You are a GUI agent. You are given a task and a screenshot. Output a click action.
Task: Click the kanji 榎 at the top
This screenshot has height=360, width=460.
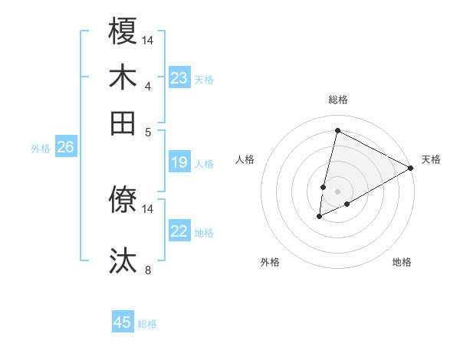(x=123, y=32)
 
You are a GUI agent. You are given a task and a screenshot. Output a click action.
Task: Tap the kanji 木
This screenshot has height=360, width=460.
(x=123, y=77)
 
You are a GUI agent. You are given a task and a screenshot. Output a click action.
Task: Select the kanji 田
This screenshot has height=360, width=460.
(x=123, y=123)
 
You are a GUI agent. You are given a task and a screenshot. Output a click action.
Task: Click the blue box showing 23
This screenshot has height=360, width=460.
(x=179, y=78)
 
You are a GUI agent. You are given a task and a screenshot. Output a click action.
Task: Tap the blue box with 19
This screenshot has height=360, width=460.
(x=179, y=162)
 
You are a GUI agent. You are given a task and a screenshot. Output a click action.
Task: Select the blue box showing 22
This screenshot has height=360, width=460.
(x=179, y=231)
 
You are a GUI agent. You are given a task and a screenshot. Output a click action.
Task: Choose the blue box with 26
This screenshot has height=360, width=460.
(x=65, y=148)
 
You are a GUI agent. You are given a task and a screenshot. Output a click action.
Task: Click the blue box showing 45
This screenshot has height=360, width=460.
(x=123, y=322)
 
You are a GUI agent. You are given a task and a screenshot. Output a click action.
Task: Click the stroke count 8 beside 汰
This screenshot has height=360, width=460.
(x=147, y=270)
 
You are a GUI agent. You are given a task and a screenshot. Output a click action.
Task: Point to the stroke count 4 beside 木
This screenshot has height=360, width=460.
(x=147, y=86)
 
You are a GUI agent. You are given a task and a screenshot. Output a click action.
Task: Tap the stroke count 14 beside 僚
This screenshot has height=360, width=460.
(x=148, y=208)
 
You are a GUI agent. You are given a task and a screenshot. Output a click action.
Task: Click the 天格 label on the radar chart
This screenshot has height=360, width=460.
(x=431, y=159)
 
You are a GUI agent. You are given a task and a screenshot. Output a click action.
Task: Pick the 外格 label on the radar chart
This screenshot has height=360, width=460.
(x=270, y=262)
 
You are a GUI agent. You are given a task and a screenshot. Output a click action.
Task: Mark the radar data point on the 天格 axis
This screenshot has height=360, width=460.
(x=411, y=168)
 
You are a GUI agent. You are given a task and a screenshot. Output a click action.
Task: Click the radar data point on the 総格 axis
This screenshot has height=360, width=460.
(x=337, y=131)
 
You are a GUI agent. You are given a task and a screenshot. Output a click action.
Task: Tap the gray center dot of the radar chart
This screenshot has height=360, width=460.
(x=337, y=191)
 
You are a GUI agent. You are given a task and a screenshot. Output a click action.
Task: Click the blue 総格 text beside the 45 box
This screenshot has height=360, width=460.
(x=147, y=324)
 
